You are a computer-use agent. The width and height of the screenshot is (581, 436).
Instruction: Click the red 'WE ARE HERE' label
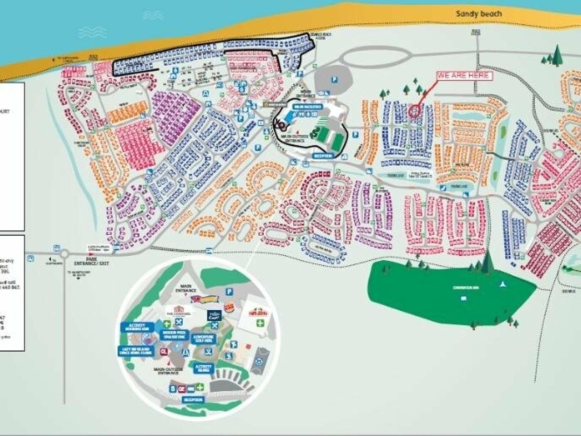[x=464, y=76]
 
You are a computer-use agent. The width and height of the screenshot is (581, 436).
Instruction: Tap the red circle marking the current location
[x=414, y=111]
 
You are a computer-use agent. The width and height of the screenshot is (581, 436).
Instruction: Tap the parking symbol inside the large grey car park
[x=335, y=79]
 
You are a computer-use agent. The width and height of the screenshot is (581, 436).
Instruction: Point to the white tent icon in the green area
[x=502, y=283]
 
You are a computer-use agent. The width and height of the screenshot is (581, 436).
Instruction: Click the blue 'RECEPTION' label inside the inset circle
[x=192, y=400]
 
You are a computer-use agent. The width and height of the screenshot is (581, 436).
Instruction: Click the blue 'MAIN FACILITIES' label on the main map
[x=308, y=107]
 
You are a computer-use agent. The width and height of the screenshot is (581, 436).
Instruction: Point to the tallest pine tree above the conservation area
[x=487, y=262]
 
